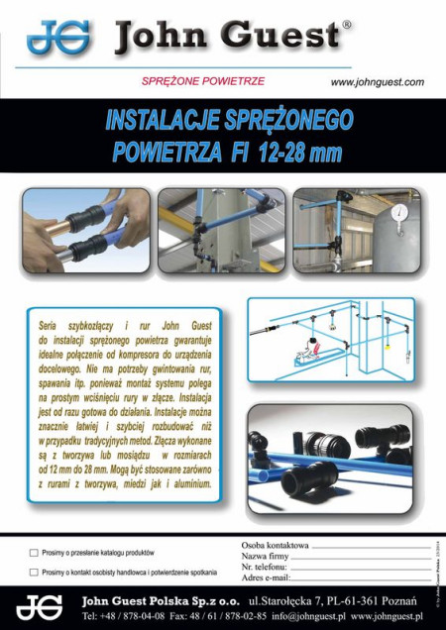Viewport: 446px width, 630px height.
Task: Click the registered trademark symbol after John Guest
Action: [346, 25]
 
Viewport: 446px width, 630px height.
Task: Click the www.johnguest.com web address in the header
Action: [377, 81]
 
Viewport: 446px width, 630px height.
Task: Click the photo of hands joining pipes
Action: [86, 231]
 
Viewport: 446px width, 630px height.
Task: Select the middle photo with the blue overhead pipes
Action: [220, 231]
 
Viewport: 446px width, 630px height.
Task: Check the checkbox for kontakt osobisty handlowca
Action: [34, 572]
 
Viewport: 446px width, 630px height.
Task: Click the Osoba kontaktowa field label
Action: [275, 546]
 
